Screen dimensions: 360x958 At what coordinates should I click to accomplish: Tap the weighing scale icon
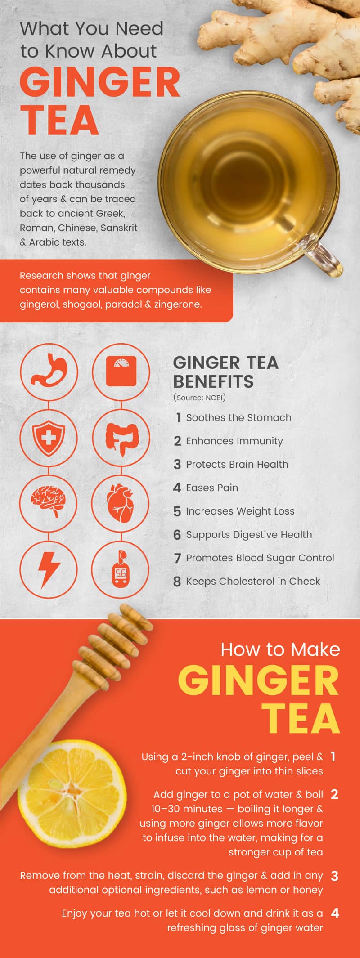click(x=121, y=371)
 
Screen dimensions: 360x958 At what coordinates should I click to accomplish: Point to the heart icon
click(x=121, y=503)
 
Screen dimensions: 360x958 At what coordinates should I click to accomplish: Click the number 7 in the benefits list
click(x=177, y=558)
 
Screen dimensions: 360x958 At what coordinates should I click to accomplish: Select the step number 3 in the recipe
click(x=334, y=876)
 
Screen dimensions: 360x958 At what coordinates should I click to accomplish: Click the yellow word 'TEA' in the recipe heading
click(x=301, y=718)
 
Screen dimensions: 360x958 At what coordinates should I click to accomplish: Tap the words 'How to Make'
click(x=280, y=649)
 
